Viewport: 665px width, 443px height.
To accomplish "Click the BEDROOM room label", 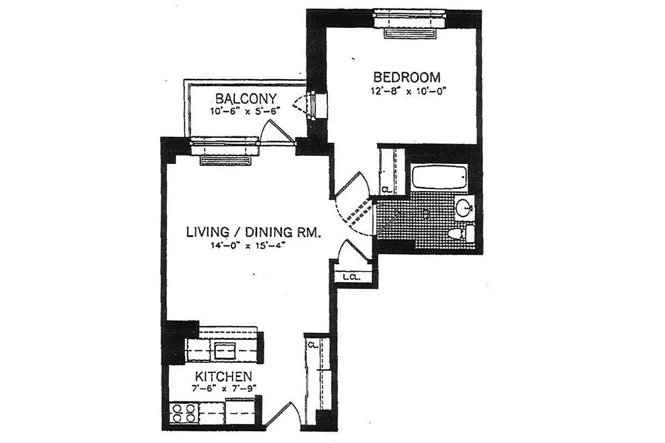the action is (x=407, y=77).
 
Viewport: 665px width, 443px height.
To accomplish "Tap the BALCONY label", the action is (x=246, y=99).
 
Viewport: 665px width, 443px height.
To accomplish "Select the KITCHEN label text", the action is (x=223, y=377).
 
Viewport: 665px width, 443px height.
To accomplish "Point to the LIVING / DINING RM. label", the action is (x=253, y=232).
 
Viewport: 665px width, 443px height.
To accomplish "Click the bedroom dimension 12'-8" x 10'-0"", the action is (x=409, y=91).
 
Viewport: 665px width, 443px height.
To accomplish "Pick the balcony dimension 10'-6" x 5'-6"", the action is (x=245, y=111).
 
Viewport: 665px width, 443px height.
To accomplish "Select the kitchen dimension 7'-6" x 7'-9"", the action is (x=224, y=388).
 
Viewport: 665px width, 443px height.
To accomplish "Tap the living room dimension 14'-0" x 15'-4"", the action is (x=248, y=246).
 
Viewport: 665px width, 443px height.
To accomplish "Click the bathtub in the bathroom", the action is (x=439, y=177).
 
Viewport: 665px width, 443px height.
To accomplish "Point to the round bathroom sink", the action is (x=464, y=208).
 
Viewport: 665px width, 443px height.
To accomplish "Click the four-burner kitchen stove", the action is (x=184, y=413).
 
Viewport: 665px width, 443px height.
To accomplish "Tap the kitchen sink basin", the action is (x=225, y=351).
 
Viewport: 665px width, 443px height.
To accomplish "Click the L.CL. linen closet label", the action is (x=351, y=278).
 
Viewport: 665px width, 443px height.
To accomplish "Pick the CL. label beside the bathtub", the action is (x=387, y=189).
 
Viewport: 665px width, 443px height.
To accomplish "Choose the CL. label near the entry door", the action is (x=313, y=345).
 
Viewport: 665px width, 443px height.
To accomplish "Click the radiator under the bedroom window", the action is (x=410, y=33).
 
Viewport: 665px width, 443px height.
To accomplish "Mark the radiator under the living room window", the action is (x=226, y=161).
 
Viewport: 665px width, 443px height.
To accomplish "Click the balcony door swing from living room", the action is (x=277, y=132).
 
